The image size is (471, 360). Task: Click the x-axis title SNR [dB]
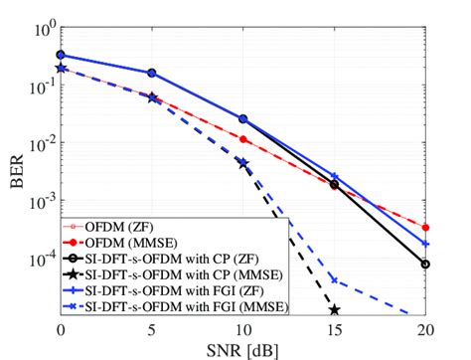(x=242, y=347)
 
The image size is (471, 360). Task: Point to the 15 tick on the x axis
(x=334, y=328)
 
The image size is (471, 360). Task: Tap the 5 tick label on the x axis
(x=152, y=328)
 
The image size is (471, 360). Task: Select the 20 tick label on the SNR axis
(x=425, y=328)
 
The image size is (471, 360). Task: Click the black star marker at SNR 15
(x=335, y=310)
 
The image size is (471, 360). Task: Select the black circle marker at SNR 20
(x=425, y=264)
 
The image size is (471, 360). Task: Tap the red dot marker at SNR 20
(x=425, y=228)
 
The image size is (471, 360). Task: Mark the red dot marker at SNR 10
(x=243, y=139)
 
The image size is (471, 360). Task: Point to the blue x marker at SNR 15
(x=335, y=280)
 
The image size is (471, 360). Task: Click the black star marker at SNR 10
(x=243, y=163)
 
